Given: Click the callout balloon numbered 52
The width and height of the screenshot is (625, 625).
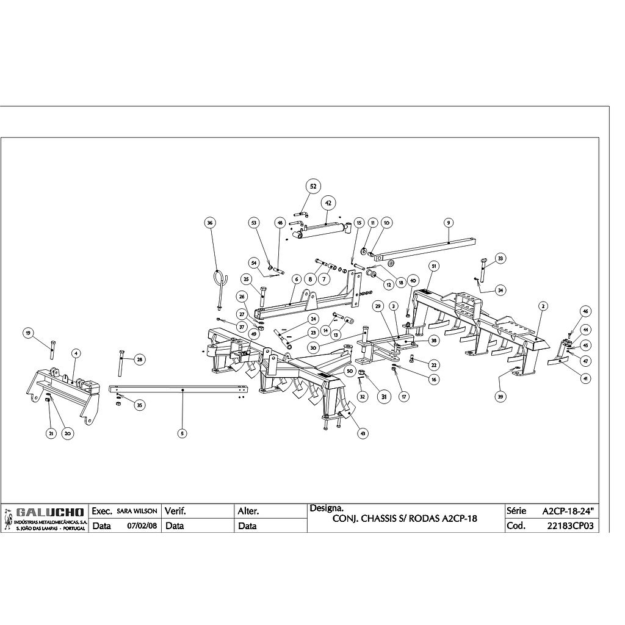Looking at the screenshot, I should [313, 186].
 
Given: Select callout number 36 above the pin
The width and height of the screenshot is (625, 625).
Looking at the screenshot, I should [211, 223].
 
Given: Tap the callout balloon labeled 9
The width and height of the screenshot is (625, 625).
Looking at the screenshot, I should [448, 223].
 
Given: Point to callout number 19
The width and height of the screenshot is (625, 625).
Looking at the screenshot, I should [28, 333].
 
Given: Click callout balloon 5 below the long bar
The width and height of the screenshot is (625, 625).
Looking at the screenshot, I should [182, 433].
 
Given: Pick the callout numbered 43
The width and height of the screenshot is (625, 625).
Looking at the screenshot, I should [363, 433].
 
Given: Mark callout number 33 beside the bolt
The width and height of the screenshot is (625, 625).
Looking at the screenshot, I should [500, 259].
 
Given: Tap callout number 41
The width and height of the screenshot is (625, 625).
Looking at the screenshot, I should [585, 378].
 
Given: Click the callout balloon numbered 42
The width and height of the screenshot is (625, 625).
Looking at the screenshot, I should [328, 203].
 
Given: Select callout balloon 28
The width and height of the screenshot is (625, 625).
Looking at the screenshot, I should [139, 359].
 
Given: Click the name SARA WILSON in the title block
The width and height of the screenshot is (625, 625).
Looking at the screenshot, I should [137, 511].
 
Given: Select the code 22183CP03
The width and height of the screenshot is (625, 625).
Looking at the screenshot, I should [571, 526].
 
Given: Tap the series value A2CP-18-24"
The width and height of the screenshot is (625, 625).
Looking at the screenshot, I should [568, 510].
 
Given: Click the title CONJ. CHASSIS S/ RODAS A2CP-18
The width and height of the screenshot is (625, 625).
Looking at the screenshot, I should [404, 519].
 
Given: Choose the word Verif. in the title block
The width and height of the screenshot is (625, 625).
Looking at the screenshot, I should [175, 511].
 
